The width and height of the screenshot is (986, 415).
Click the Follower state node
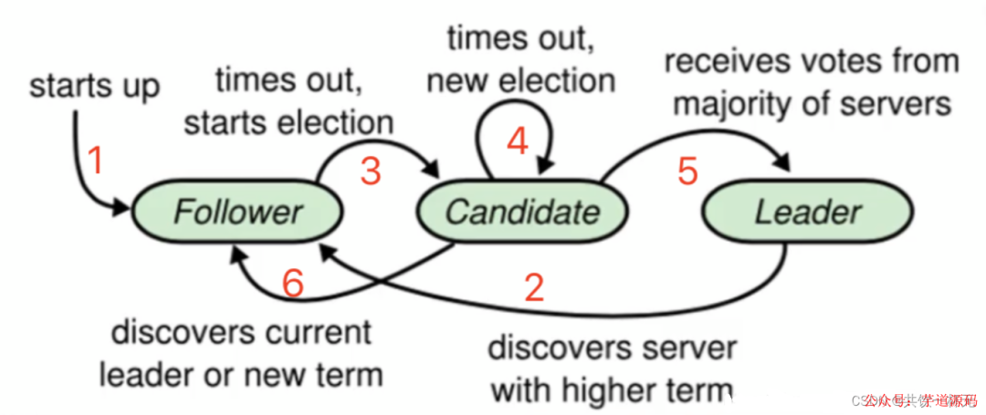click(237, 213)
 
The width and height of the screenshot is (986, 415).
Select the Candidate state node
click(522, 213)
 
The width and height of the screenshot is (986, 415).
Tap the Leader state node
click(808, 213)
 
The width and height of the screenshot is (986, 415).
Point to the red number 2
click(533, 286)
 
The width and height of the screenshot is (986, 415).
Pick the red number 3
click(370, 171)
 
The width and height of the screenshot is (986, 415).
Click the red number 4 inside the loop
click(517, 140)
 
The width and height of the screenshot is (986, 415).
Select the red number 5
click(688, 171)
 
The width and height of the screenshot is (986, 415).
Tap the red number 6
click(292, 284)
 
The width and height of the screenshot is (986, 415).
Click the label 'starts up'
click(95, 87)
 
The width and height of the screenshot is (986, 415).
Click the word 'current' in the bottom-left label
click(315, 332)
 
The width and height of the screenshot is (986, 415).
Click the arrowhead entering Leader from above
click(782, 163)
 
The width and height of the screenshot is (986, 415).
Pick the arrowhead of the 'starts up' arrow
click(124, 211)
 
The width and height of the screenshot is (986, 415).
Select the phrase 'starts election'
click(288, 121)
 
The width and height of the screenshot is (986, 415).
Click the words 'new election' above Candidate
click(520, 80)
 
